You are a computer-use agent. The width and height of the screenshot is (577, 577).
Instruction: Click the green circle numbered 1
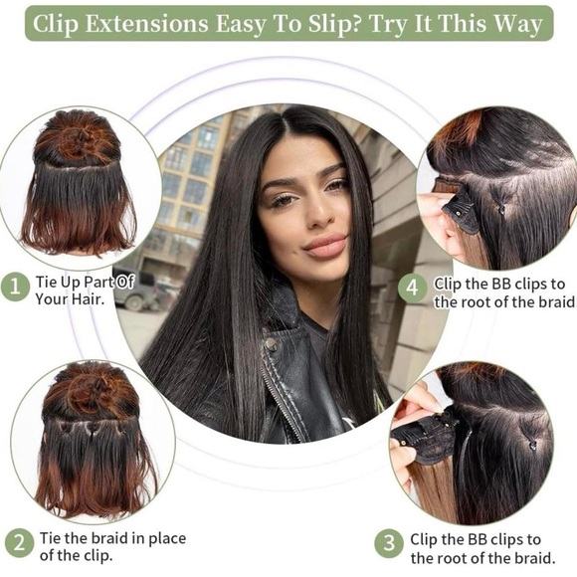(15, 287)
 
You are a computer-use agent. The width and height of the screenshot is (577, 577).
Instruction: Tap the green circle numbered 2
(20, 543)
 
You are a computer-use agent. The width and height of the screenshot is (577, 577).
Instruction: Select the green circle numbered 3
(389, 543)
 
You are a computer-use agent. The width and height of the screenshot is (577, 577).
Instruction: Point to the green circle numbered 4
(413, 287)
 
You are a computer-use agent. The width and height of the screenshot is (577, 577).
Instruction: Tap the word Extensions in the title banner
(146, 24)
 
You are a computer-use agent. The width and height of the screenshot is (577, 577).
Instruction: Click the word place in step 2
(167, 539)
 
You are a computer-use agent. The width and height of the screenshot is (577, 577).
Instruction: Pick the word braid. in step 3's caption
(534, 558)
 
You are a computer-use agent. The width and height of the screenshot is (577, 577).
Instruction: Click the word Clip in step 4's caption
(448, 284)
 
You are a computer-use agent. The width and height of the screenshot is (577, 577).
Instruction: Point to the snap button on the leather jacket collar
(272, 344)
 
